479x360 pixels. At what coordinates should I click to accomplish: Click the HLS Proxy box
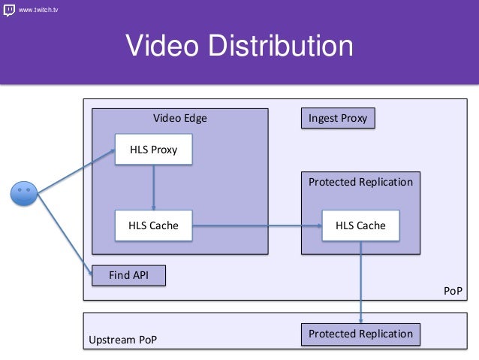(x=153, y=150)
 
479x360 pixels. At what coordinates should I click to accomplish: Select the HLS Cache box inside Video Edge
(x=153, y=225)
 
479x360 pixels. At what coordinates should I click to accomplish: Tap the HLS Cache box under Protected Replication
(x=360, y=225)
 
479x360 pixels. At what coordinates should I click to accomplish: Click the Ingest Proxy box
(x=338, y=118)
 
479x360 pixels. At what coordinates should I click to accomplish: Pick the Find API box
(x=128, y=276)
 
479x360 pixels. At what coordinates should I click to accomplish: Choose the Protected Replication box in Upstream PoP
(x=360, y=334)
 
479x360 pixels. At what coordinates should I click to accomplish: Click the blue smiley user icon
(x=23, y=192)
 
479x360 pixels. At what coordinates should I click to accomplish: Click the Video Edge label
(x=180, y=118)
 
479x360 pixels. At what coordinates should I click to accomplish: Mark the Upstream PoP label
(x=123, y=340)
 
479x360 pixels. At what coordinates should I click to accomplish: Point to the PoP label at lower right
(x=453, y=290)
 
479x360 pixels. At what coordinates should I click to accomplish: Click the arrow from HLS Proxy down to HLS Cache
(x=153, y=187)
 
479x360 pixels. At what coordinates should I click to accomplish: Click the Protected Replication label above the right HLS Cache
(x=360, y=182)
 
